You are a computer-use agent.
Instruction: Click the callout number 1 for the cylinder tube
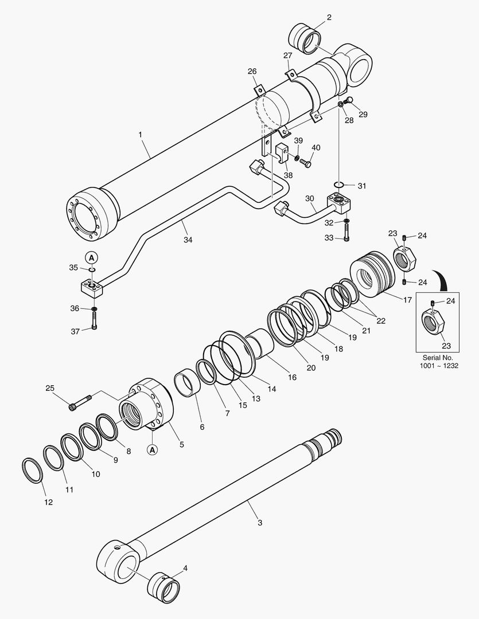click(x=141, y=135)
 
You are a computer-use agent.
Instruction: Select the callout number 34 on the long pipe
click(x=188, y=240)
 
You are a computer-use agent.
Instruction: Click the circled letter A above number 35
click(x=91, y=258)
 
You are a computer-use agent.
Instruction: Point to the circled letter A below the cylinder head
click(x=153, y=449)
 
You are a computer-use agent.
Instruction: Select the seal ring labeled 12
click(x=32, y=470)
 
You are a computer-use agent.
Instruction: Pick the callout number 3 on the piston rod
click(x=260, y=523)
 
